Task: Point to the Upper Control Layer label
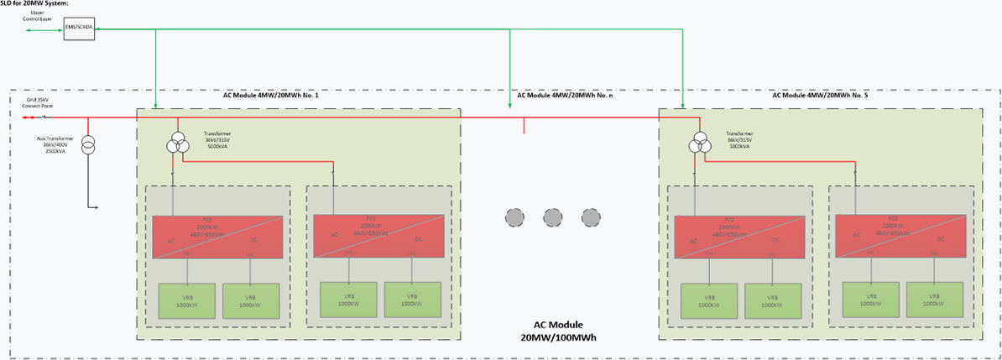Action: (37, 16)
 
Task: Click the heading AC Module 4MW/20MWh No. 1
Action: (270, 96)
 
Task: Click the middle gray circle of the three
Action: (551, 217)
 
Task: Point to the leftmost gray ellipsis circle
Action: (514, 217)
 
